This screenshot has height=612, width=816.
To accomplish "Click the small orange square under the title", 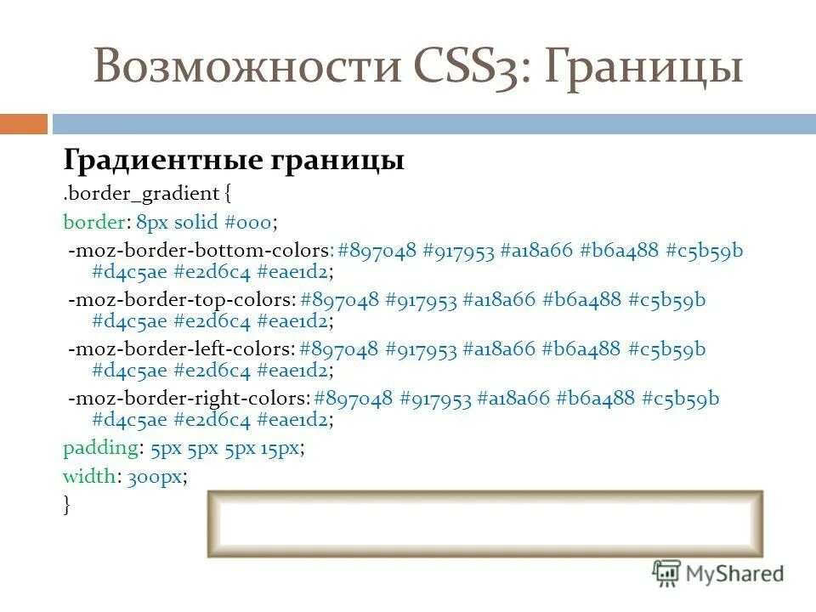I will [23, 124].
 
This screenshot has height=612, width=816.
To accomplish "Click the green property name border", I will [93, 222].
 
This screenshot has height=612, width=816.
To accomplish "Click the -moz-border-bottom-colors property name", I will [201, 251].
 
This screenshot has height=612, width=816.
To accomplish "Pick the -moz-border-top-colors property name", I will [182, 300].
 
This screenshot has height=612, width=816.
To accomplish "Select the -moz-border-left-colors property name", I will [182, 349].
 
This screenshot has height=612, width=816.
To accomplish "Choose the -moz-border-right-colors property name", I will [189, 399].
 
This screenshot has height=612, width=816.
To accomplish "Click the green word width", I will [89, 476].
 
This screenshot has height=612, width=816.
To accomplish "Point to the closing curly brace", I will [67, 505].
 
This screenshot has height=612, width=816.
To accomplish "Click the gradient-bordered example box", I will [485, 524].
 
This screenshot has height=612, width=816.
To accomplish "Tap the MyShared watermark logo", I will [717, 573].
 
